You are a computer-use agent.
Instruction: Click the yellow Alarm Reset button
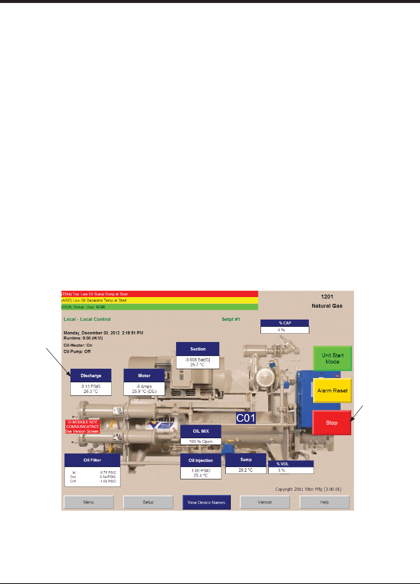click(x=332, y=390)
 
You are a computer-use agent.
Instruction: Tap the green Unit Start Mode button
click(x=332, y=359)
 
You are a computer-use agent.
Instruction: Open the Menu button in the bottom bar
click(x=89, y=502)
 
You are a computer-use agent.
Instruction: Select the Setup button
click(x=148, y=502)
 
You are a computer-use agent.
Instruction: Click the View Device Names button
click(x=206, y=502)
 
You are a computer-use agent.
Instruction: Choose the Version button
click(x=265, y=502)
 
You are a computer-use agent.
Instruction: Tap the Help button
click(x=324, y=502)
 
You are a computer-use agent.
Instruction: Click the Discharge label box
click(x=91, y=375)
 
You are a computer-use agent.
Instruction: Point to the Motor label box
click(x=144, y=375)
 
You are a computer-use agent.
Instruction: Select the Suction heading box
click(x=198, y=349)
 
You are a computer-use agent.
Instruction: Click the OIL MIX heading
click(x=201, y=431)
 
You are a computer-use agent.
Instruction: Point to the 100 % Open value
click(x=201, y=441)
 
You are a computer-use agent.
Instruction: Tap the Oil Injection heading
click(x=201, y=460)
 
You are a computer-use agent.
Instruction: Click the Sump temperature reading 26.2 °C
click(x=246, y=470)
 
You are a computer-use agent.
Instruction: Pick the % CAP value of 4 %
click(x=284, y=330)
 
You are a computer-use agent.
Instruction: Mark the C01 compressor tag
click(x=246, y=418)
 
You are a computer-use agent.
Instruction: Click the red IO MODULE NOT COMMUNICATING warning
click(x=82, y=427)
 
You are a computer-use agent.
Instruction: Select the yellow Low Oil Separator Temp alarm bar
click(x=160, y=300)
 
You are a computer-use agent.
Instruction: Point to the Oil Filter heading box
click(x=92, y=460)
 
